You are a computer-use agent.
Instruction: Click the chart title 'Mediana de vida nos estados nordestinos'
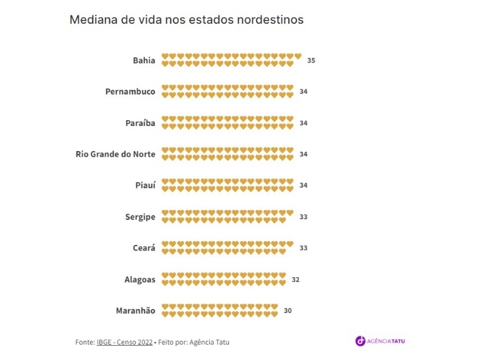187,20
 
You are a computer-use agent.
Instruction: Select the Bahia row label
144,60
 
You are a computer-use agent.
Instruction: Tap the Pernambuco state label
131,91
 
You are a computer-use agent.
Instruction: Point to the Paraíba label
140,123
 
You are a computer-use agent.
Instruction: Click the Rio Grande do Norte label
115,154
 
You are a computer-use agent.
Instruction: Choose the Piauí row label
145,185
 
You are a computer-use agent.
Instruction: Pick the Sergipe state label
140,217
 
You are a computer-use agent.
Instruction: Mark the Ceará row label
144,248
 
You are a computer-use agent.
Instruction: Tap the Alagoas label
140,279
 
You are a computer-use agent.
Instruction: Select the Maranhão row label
136,310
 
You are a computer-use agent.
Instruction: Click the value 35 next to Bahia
311,60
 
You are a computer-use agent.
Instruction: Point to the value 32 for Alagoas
296,279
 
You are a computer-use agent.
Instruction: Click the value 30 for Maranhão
288,310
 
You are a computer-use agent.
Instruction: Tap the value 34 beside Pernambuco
304,91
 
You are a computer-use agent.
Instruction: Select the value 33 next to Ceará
304,248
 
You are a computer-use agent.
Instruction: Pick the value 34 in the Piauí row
304,185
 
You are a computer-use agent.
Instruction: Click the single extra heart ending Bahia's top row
298,57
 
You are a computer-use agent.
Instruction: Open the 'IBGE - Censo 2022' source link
125,342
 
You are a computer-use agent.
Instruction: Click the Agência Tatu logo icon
360,341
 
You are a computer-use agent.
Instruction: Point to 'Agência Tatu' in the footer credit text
210,342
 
